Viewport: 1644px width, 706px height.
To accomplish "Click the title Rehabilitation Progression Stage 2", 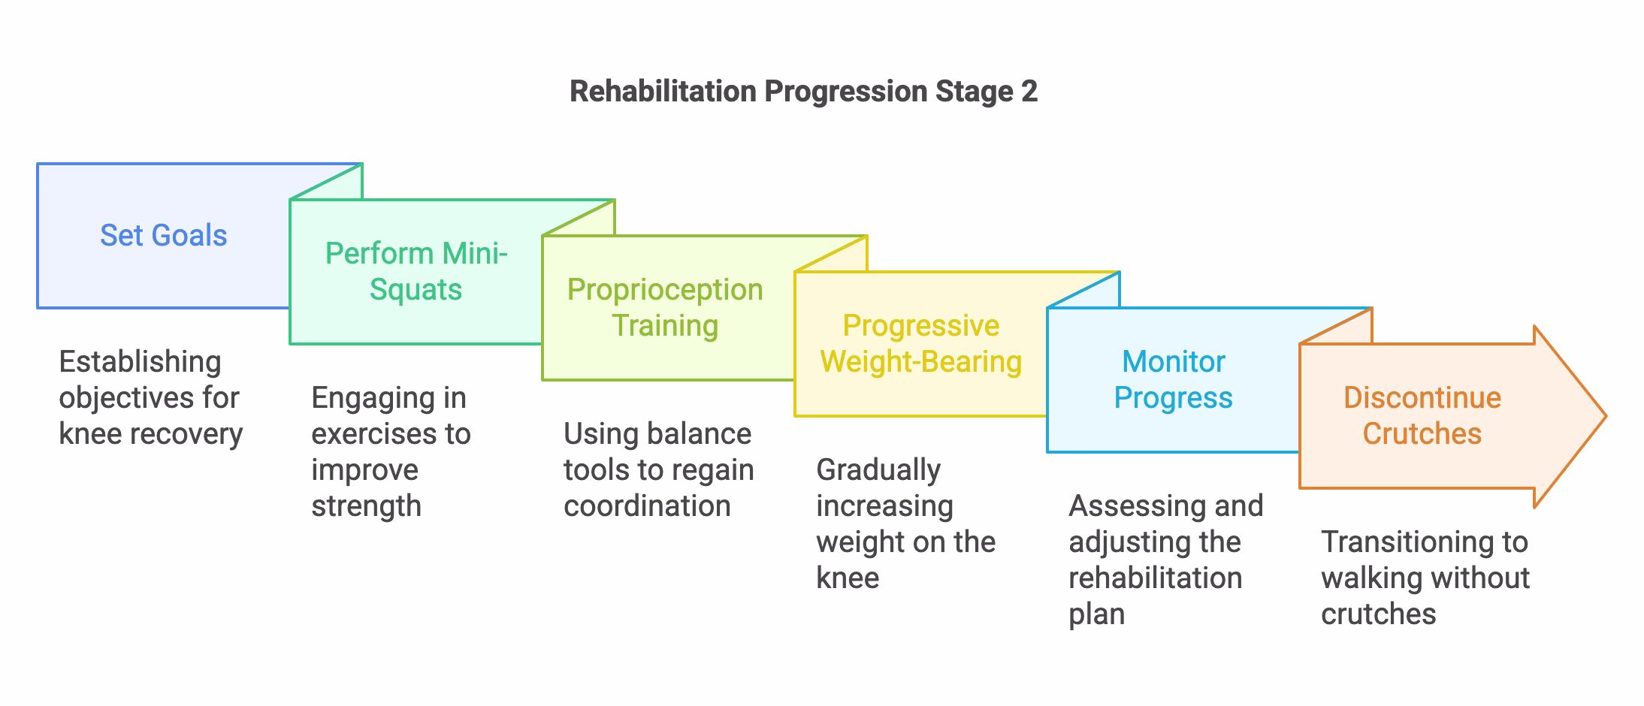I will pos(803,92).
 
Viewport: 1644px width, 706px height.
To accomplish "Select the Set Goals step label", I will pos(163,236).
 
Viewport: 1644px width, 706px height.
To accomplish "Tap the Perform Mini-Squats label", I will pos(416,271).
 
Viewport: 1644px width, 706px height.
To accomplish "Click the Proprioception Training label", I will pos(665,307).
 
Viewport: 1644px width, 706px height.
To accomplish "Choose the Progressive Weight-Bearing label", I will pos(920,343).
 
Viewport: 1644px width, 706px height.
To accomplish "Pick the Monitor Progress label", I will pos(1173,379).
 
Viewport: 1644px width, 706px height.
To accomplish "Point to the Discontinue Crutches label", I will pos(1422,415).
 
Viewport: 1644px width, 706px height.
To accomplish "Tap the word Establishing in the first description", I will pos(140,362).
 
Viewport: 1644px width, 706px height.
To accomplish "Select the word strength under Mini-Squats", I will pos(366,506).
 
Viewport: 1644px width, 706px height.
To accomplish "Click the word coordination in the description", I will pos(647,506).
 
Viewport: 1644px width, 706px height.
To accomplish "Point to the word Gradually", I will pos(878,470).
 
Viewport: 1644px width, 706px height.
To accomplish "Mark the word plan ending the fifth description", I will pos(1096,614).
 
